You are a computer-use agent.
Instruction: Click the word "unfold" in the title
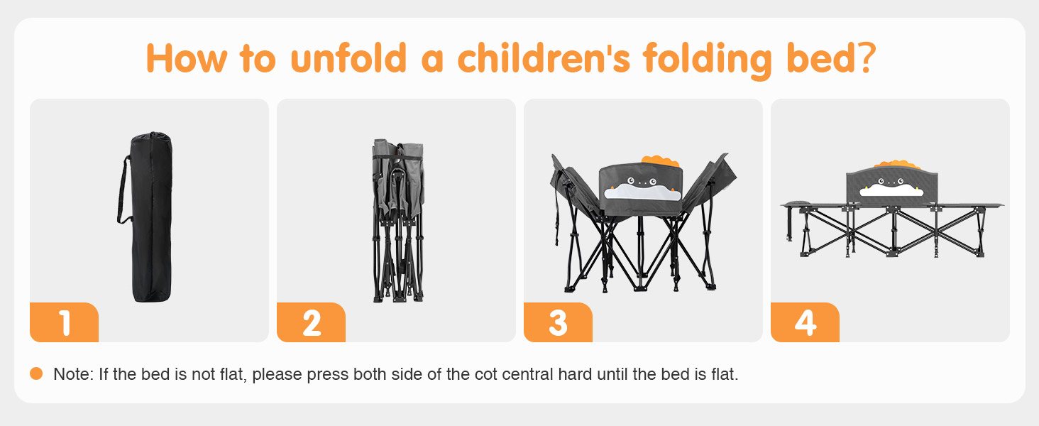[348, 58]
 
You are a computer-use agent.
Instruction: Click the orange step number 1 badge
[64, 322]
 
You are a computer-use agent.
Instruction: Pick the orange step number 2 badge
[311, 322]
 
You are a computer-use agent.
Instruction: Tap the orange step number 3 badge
[558, 322]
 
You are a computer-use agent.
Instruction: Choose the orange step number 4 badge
[805, 322]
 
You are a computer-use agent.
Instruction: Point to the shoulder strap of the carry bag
[123, 190]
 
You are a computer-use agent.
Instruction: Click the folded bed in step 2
[398, 220]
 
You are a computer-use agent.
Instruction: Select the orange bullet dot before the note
[36, 373]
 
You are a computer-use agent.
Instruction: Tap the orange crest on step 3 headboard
[661, 161]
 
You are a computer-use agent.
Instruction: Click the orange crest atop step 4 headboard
[897, 165]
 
